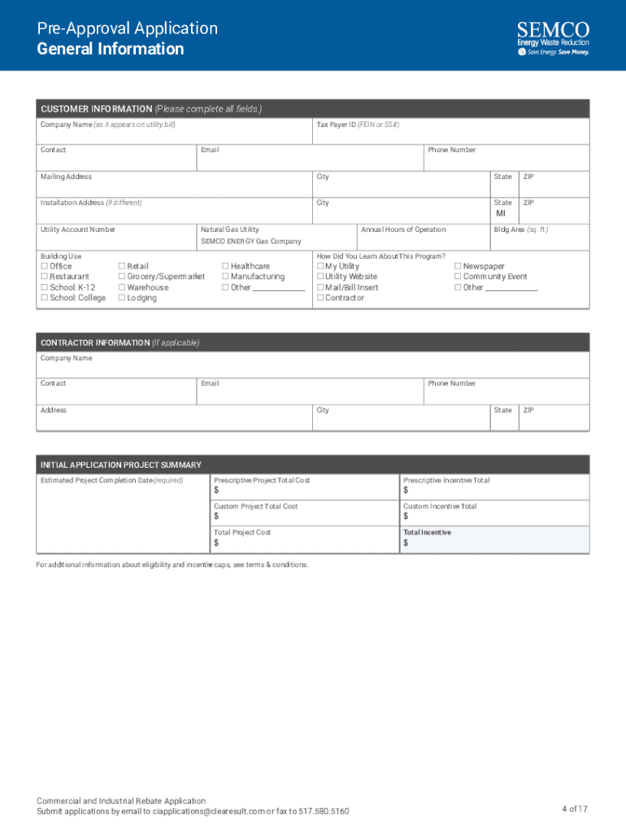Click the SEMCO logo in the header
[x=553, y=38]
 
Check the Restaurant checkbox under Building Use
[x=44, y=277]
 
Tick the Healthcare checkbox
[x=225, y=266]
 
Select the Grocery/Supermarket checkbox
[x=122, y=277]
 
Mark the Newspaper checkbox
[x=458, y=266]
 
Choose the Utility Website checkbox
[x=320, y=277]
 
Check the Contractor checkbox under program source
[x=320, y=298]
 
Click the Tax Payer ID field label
[x=358, y=124]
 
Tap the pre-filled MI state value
[x=501, y=214]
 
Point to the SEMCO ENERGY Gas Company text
[x=250, y=242]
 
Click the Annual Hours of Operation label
[x=403, y=229]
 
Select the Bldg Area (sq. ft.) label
[x=520, y=229]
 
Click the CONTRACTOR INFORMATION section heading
[x=120, y=342]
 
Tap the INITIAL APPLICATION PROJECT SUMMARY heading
[x=120, y=465]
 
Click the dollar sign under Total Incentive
[x=406, y=543]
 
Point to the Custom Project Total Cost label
[x=255, y=506]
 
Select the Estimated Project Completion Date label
[x=111, y=480]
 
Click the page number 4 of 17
[x=574, y=809]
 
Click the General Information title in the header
[x=111, y=49]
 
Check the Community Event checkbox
[x=458, y=277]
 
